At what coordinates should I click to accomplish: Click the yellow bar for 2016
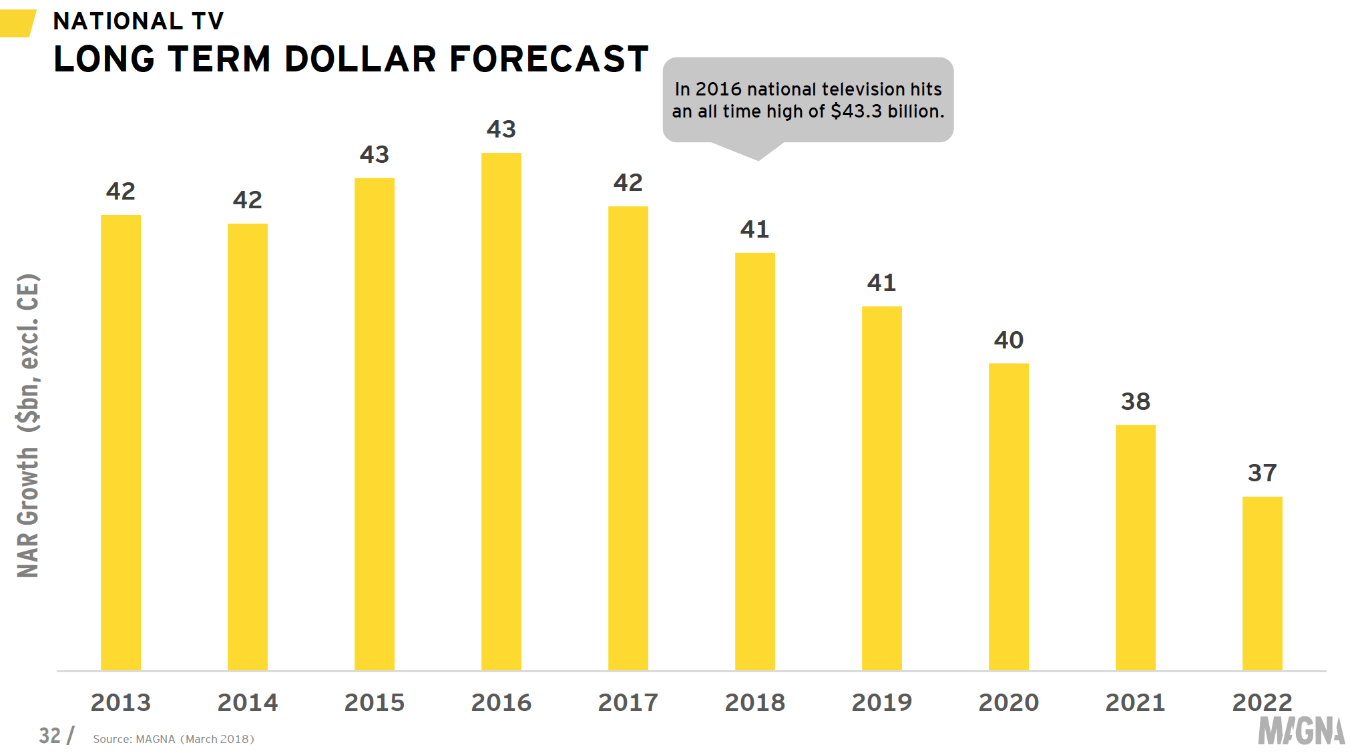501,411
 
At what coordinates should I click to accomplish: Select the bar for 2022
1263,583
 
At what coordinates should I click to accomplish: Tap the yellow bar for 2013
121,443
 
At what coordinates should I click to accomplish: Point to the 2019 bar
882,488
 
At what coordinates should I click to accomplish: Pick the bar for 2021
1136,547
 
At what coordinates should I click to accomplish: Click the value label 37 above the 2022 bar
1263,473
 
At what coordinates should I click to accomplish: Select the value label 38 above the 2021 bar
1136,402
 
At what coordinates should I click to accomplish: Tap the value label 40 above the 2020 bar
1009,340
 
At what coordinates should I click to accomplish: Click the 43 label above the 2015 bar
375,155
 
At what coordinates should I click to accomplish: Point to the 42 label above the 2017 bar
628,183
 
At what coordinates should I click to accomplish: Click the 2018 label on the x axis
755,702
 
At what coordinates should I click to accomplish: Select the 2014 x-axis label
248,702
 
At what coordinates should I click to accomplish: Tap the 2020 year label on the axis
1009,702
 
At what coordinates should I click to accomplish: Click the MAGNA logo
1301,731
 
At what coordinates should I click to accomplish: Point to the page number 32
50,736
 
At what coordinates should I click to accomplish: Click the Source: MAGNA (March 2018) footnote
174,739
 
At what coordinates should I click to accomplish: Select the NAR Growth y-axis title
28,426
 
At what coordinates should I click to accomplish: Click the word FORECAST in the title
549,59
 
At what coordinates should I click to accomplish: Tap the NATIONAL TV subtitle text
139,21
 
